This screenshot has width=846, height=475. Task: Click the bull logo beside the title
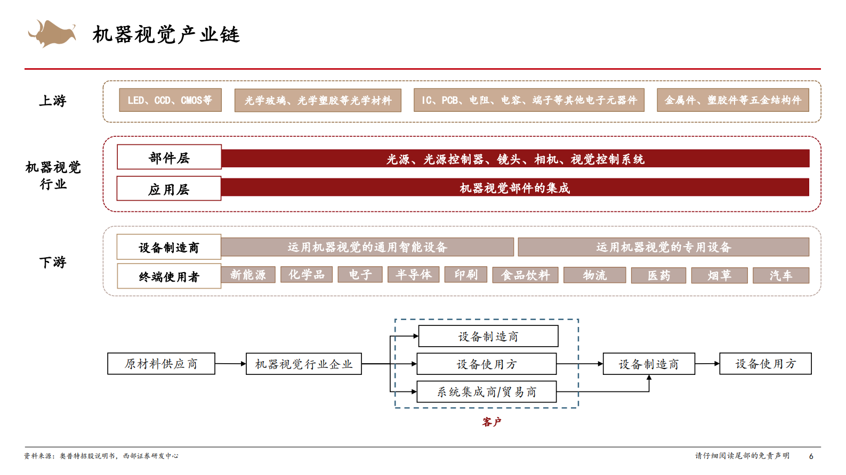pyautogui.click(x=52, y=34)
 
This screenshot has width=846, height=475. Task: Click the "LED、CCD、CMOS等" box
pyautogui.click(x=170, y=100)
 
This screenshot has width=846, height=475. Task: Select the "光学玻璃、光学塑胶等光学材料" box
pyautogui.click(x=318, y=100)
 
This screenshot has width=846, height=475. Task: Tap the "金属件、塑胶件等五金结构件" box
pyautogui.click(x=732, y=100)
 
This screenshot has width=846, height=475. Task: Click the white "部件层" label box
pyautogui.click(x=169, y=157)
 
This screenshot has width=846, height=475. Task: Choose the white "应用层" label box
pyautogui.click(x=169, y=189)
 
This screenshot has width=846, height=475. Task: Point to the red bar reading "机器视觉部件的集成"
pyautogui.click(x=515, y=187)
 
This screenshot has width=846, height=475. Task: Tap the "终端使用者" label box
pyautogui.click(x=169, y=276)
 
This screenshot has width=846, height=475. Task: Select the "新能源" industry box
pyautogui.click(x=248, y=275)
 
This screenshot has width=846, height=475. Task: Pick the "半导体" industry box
pyautogui.click(x=414, y=275)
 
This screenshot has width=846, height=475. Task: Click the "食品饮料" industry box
pyautogui.click(x=525, y=275)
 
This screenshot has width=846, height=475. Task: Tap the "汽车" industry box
pyautogui.click(x=780, y=275)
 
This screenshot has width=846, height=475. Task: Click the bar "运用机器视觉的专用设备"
pyautogui.click(x=663, y=247)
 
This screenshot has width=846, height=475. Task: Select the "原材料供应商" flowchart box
pyautogui.click(x=161, y=364)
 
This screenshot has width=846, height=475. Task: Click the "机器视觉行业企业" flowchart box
pyautogui.click(x=303, y=364)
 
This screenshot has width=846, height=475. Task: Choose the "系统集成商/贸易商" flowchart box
pyautogui.click(x=486, y=392)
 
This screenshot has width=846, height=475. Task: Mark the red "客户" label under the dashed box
pyautogui.click(x=492, y=422)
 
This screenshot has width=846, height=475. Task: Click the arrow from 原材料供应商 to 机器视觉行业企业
pyautogui.click(x=230, y=364)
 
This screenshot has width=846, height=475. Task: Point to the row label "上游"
pyautogui.click(x=52, y=101)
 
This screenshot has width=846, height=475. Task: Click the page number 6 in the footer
pyautogui.click(x=811, y=456)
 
